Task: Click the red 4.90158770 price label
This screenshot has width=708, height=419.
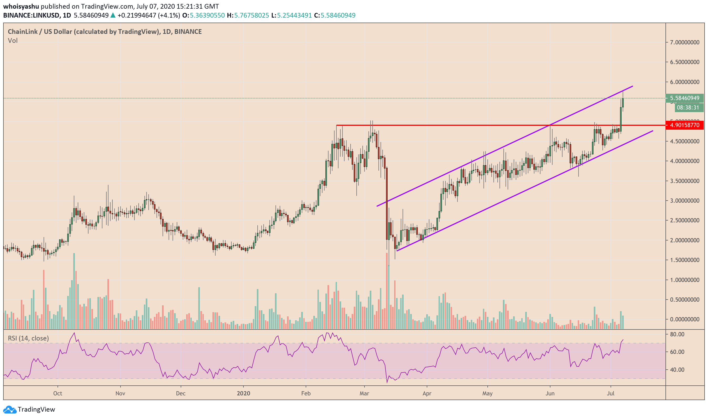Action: (x=684, y=125)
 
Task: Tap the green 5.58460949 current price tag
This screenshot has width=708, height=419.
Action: (x=684, y=98)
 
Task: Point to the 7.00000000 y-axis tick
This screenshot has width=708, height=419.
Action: (x=684, y=42)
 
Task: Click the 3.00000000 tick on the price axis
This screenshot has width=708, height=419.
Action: (x=684, y=201)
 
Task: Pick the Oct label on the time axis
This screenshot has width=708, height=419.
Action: (x=58, y=393)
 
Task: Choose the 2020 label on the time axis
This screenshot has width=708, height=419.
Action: (x=243, y=393)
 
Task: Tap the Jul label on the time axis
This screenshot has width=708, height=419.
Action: (x=611, y=393)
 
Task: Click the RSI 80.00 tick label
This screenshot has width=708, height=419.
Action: (x=677, y=334)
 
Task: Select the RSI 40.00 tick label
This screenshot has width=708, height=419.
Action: (x=677, y=370)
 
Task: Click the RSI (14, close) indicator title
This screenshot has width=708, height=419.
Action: (x=28, y=338)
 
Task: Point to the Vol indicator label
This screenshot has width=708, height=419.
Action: (x=13, y=41)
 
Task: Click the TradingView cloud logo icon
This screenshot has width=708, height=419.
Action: (x=10, y=409)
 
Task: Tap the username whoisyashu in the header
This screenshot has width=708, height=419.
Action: (x=21, y=6)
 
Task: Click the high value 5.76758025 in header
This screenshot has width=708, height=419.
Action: (x=252, y=15)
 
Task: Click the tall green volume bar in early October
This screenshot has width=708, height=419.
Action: (x=74, y=291)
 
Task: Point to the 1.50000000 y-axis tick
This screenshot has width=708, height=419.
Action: (x=684, y=260)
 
